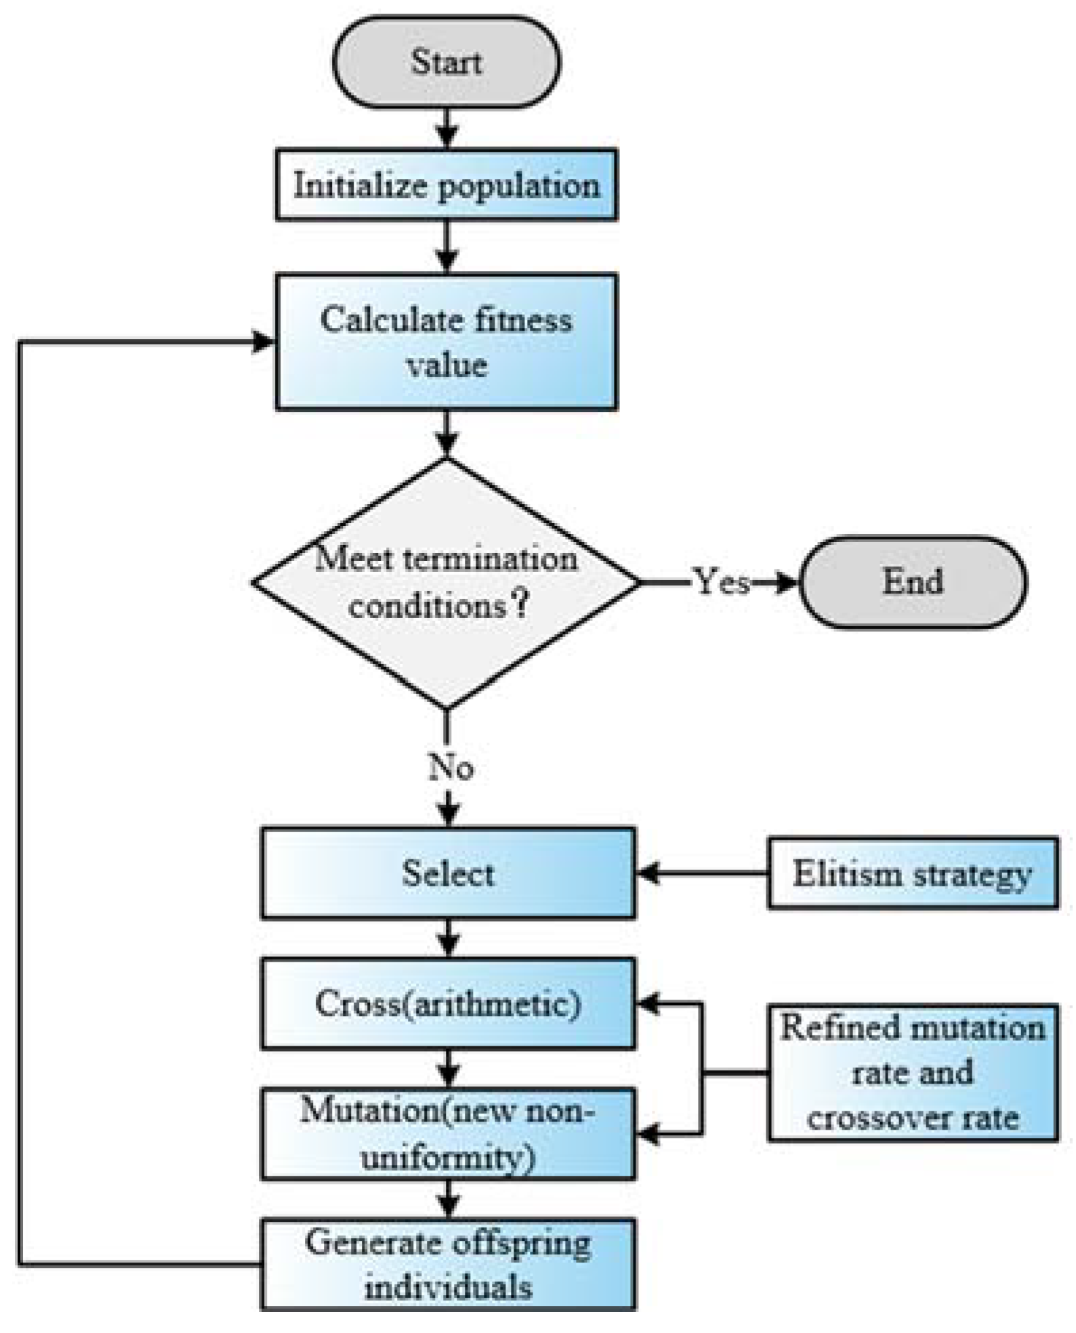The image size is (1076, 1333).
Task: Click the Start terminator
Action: (446, 62)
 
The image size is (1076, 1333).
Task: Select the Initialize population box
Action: (446, 185)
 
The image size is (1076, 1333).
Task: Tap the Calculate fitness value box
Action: (446, 342)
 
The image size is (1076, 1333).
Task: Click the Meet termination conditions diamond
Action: (446, 583)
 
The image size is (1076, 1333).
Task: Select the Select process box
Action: (448, 873)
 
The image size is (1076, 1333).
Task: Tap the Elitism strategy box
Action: (912, 873)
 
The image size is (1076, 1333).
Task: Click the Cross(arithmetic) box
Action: (448, 1004)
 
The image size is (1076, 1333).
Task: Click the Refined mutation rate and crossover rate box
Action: (912, 1073)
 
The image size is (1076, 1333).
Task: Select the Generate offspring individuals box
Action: (448, 1264)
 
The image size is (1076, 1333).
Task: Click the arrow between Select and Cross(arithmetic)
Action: (449, 939)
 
